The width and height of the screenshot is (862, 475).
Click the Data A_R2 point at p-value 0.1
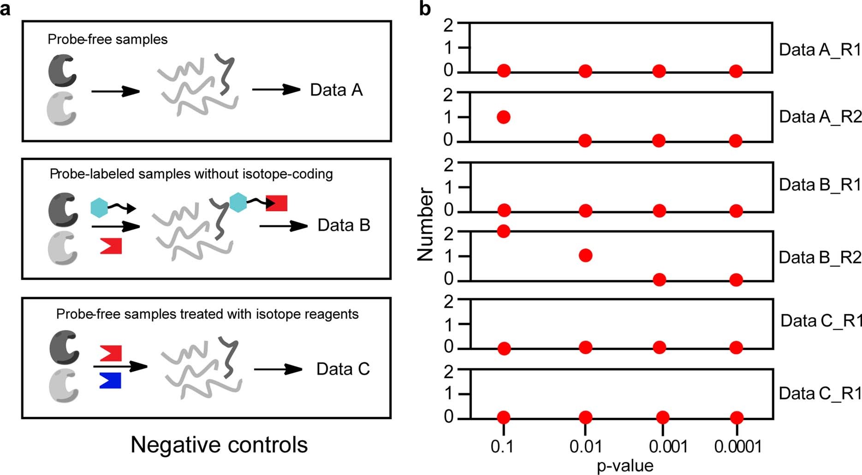click(504, 117)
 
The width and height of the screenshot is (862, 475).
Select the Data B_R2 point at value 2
click(504, 231)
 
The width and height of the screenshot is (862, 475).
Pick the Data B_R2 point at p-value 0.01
click(585, 255)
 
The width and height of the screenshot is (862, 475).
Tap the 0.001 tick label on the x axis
click(668, 446)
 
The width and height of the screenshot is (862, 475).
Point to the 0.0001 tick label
click(738, 446)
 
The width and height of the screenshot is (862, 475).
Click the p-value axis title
click(625, 465)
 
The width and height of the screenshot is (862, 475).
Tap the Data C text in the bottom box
click(343, 369)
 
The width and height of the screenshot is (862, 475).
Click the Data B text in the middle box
click(344, 225)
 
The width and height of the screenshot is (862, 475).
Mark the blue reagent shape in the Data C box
click(110, 380)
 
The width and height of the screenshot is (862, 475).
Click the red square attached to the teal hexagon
click(277, 203)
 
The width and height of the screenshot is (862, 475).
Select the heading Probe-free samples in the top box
click(107, 39)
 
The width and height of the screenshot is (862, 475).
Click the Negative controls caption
click(219, 445)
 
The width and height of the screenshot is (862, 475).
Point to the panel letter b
click(425, 9)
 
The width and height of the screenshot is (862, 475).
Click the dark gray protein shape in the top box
click(62, 71)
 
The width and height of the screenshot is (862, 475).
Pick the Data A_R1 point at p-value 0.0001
click(736, 71)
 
